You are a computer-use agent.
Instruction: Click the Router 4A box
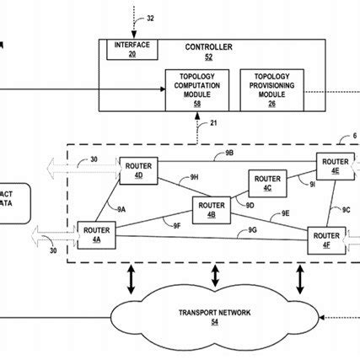pos(94,233)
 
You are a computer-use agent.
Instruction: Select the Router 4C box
pos(267,183)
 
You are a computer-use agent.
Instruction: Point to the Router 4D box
pos(137,169)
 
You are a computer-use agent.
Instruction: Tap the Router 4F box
pos(325,239)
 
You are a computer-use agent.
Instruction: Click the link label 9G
pos(253,230)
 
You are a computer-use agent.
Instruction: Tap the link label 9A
pos(121,208)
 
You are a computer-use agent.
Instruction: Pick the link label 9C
pos(346,208)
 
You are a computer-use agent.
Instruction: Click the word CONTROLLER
pos(207,47)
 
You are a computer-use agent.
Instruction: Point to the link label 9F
pos(177,225)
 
